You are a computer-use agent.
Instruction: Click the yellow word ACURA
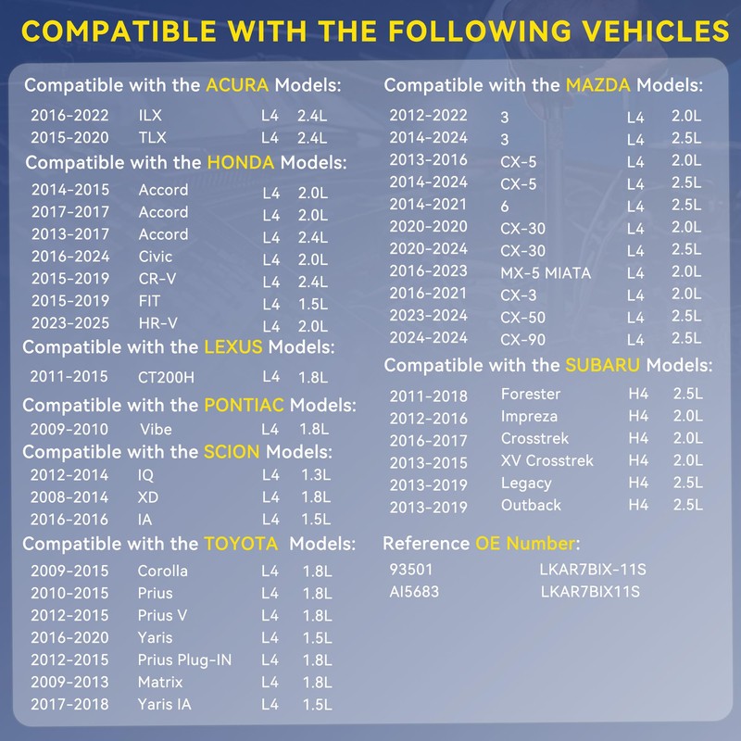(237, 86)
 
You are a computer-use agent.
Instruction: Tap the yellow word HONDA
(241, 163)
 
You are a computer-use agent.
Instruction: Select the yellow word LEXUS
(233, 347)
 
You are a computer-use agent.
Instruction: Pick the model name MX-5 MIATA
(546, 272)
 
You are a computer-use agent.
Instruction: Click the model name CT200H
(166, 377)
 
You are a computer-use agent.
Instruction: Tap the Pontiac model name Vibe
(157, 430)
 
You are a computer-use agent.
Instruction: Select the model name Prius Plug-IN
(184, 659)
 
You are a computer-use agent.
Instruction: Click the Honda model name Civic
(156, 257)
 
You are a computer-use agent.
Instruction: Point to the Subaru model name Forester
(531, 394)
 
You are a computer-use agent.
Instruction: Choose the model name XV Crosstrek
(546, 460)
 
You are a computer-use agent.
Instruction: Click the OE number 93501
(411, 569)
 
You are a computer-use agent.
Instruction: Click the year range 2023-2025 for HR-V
(70, 323)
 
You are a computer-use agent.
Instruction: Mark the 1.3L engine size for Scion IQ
(316, 475)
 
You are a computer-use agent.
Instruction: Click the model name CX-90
(522, 339)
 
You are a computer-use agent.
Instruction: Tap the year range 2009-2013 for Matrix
(70, 682)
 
